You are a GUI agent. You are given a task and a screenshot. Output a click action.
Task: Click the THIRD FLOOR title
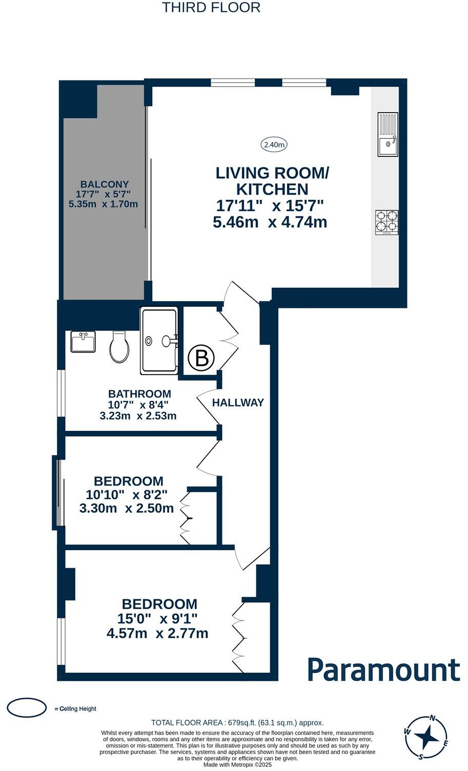(211, 8)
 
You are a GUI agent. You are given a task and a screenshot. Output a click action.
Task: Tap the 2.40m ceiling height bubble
(274, 144)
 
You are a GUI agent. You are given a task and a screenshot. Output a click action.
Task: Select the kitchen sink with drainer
(388, 134)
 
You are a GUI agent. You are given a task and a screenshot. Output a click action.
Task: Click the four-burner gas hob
(386, 223)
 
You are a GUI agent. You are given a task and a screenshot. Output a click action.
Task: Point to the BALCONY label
(105, 184)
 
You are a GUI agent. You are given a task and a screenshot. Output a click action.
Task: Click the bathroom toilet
(119, 347)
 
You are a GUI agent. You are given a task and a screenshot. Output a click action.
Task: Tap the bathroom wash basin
(83, 341)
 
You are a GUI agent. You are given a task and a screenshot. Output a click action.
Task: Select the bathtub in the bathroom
(159, 340)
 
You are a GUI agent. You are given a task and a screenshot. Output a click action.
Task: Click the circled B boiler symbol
(201, 358)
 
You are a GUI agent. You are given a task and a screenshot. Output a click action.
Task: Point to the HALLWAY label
(238, 402)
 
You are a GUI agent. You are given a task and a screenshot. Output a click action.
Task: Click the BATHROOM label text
(139, 393)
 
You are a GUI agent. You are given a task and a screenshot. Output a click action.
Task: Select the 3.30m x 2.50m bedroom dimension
(127, 508)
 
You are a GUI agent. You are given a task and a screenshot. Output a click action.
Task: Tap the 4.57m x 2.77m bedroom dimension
(157, 633)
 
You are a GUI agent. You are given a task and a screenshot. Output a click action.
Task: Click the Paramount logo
(383, 670)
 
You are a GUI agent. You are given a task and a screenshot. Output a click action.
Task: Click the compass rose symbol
(426, 737)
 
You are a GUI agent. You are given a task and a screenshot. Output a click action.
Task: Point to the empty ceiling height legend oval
(27, 708)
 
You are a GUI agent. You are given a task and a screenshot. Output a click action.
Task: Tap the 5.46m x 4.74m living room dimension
(270, 222)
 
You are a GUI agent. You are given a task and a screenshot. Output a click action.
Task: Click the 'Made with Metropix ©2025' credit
(237, 765)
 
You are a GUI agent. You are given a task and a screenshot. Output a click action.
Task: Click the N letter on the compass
(433, 718)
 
